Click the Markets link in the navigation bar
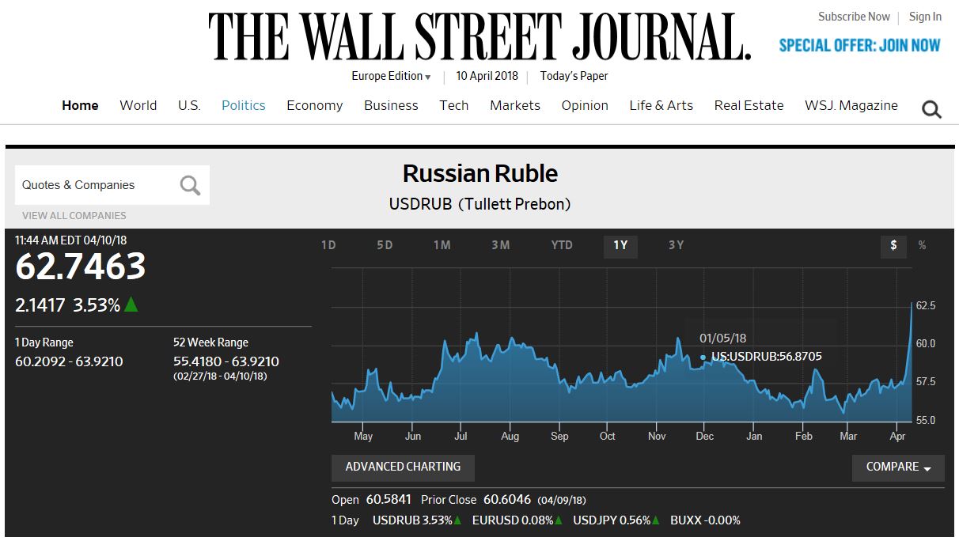[x=514, y=105]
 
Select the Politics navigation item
[x=243, y=105]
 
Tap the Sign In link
[x=925, y=17]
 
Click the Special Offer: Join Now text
[x=859, y=45]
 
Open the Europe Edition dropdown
[x=391, y=76]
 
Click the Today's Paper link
[x=574, y=76]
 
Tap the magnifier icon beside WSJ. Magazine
[x=931, y=110]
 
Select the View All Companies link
[x=74, y=215]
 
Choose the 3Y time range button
[x=676, y=245]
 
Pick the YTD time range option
[x=562, y=245]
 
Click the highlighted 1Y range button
[x=620, y=245]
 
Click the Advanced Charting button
[x=403, y=467]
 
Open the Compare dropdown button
[x=898, y=467]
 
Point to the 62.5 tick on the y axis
[x=926, y=305]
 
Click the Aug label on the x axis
[x=510, y=436]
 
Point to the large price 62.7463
[x=81, y=267]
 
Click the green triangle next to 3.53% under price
[x=131, y=305]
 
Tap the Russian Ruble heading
[x=479, y=173]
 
